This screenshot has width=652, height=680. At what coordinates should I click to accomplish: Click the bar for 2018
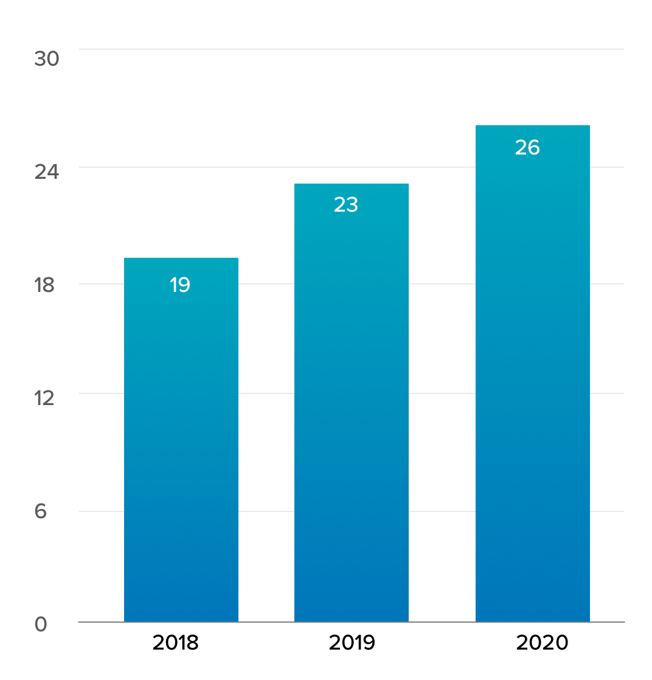pyautogui.click(x=181, y=440)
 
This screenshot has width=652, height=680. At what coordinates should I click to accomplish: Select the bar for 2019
pyautogui.click(x=352, y=403)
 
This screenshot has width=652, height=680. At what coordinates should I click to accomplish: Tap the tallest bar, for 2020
pyautogui.click(x=533, y=373)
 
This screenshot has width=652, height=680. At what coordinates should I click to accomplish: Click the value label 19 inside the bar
pyautogui.click(x=179, y=285)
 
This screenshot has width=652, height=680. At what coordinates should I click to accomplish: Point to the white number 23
pyautogui.click(x=345, y=205)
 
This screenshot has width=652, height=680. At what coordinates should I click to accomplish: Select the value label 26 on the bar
pyautogui.click(x=527, y=147)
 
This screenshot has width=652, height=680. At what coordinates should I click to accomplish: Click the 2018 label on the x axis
pyautogui.click(x=175, y=642)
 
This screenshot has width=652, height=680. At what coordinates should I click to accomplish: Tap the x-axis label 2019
pyautogui.click(x=352, y=642)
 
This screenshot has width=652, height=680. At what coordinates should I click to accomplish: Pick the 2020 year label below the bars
pyautogui.click(x=542, y=642)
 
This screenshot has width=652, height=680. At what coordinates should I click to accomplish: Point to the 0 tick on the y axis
pyautogui.click(x=41, y=624)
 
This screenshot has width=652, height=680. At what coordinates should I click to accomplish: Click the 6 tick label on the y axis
pyautogui.click(x=40, y=512)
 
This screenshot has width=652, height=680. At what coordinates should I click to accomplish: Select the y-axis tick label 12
pyautogui.click(x=44, y=398)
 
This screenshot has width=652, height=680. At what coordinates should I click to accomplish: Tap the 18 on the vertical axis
pyautogui.click(x=44, y=285)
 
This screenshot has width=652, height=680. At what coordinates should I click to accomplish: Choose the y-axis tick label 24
pyautogui.click(x=46, y=172)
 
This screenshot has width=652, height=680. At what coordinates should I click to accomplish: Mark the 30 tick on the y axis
pyautogui.click(x=46, y=58)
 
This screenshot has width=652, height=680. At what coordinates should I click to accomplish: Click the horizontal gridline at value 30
pyautogui.click(x=352, y=49)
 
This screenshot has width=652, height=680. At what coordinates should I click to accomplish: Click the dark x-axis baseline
pyautogui.click(x=352, y=622)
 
